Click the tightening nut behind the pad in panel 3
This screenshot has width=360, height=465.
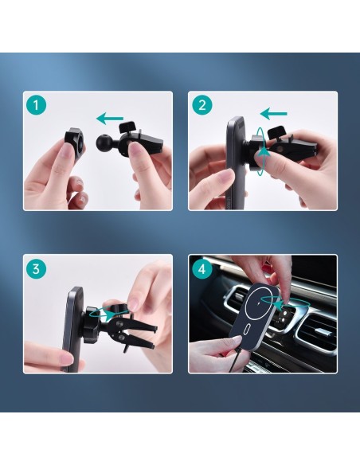pos(94,318)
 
